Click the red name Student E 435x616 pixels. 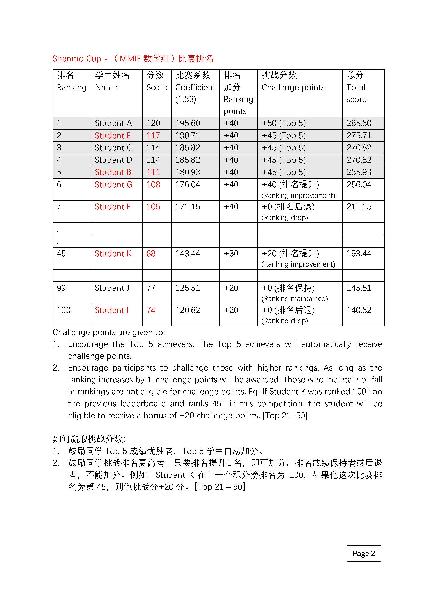[113, 135]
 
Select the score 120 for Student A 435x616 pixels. [153, 123]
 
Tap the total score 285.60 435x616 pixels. [359, 123]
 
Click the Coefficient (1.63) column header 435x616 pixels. [195, 87]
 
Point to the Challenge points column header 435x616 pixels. [293, 87]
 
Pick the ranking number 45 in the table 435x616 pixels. [61, 254]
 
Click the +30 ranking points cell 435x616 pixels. [231, 254]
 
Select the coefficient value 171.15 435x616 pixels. [188, 206]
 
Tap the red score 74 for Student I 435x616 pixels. [151, 310]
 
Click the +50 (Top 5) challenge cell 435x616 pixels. [284, 123]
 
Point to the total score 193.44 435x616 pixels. [359, 254]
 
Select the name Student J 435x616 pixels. [112, 288]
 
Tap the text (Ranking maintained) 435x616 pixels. [295, 299]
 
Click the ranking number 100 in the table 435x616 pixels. [63, 310]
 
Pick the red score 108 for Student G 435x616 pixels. [153, 185]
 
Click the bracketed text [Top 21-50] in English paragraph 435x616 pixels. [285, 416]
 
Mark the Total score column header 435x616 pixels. [356, 87]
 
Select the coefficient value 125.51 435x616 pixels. [188, 288]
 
